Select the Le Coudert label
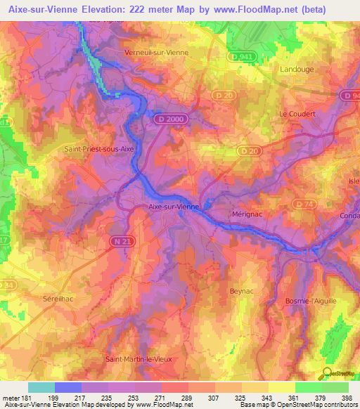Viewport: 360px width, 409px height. pyautogui.click(x=297, y=113)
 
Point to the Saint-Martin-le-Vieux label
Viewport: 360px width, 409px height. pyautogui.click(x=139, y=359)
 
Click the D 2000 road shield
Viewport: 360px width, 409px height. pyautogui.click(x=166, y=120)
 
